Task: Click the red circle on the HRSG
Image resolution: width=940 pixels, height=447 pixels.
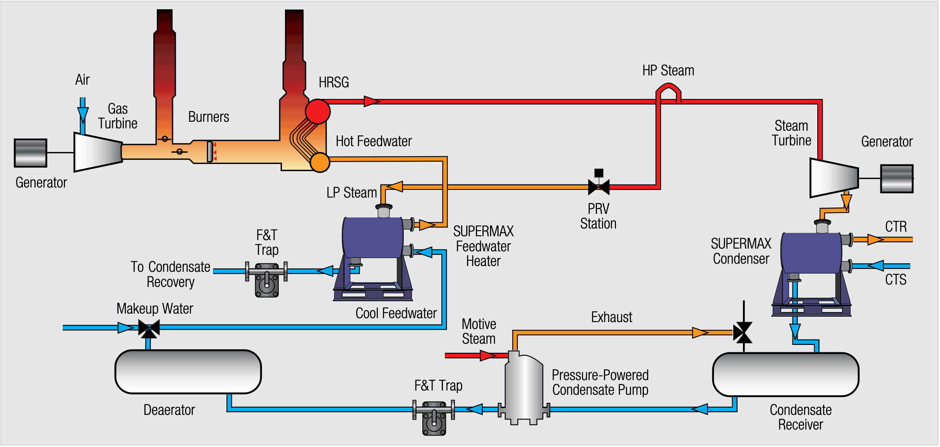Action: pyautogui.click(x=317, y=111)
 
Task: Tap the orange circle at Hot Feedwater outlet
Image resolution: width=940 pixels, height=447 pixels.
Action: pyautogui.click(x=320, y=162)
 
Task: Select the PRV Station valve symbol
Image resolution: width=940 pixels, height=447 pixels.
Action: pyautogui.click(x=599, y=187)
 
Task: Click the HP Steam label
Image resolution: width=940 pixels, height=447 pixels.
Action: pyautogui.click(x=668, y=71)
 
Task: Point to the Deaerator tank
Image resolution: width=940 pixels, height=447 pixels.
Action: pyautogui.click(x=188, y=372)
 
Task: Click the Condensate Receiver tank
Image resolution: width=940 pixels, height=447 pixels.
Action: pyautogui.click(x=786, y=374)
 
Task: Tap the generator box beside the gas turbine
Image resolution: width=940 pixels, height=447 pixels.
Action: pyautogui.click(x=31, y=153)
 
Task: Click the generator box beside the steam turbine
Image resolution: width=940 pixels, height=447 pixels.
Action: pyautogui.click(x=897, y=179)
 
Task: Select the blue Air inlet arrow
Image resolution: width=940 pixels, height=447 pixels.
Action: pyautogui.click(x=82, y=114)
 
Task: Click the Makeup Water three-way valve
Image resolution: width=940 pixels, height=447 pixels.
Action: pyautogui.click(x=149, y=329)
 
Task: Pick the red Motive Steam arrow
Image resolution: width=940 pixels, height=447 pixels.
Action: pyautogui.click(x=488, y=355)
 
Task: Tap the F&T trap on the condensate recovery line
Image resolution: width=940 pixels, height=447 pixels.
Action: pyautogui.click(x=267, y=280)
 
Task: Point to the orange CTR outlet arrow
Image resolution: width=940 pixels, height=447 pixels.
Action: pyautogui.click(x=876, y=240)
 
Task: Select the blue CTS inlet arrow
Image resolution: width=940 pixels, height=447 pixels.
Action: pyautogui.click(x=876, y=266)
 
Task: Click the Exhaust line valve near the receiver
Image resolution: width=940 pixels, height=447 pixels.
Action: pyautogui.click(x=743, y=332)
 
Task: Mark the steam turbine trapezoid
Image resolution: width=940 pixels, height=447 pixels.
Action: pyautogui.click(x=834, y=178)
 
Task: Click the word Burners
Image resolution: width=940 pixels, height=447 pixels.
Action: pyautogui.click(x=208, y=117)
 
